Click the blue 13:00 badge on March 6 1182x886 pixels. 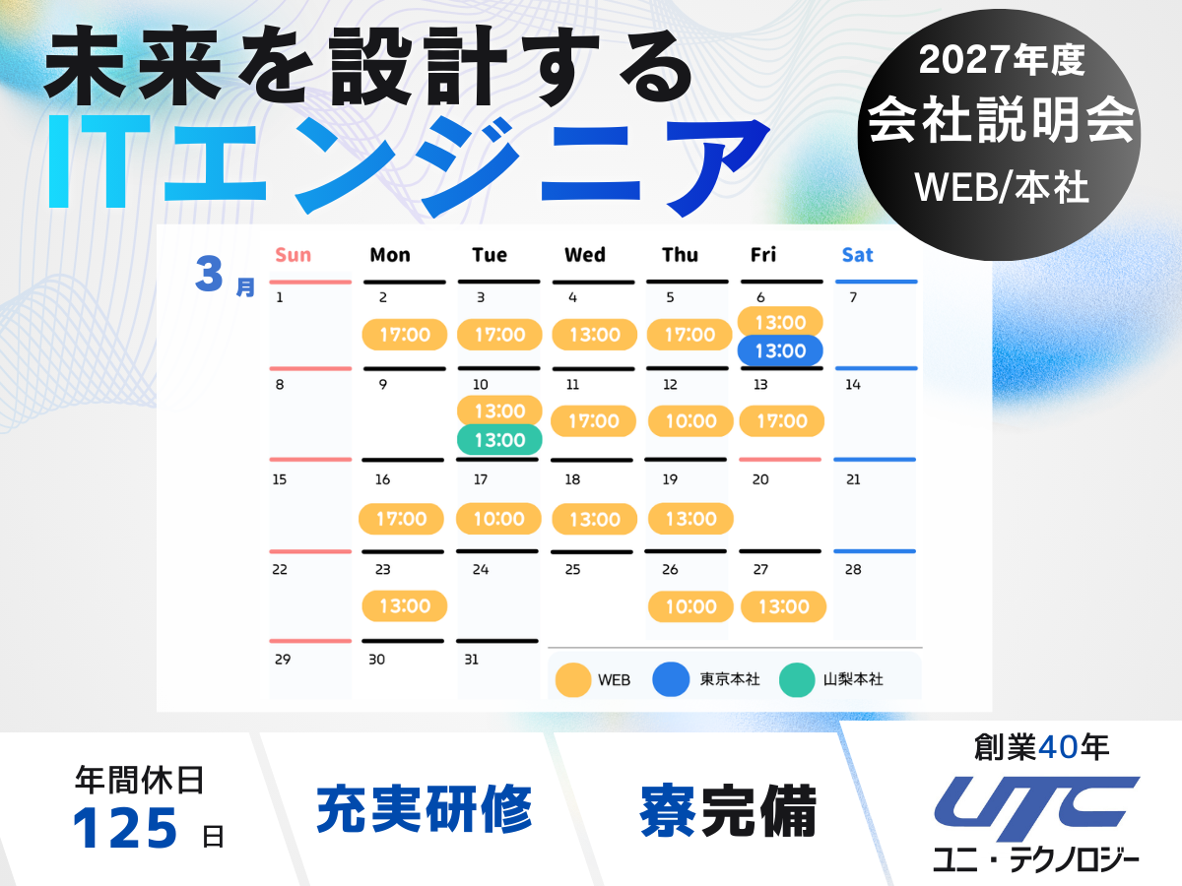(780, 350)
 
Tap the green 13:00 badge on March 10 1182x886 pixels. (499, 439)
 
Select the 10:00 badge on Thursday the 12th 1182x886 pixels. (690, 420)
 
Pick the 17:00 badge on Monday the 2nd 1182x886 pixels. (405, 335)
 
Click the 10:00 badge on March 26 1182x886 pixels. (690, 606)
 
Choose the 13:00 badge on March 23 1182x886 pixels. (405, 605)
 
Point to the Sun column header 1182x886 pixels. (293, 254)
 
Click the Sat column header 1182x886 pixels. (857, 254)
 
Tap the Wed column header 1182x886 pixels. (585, 254)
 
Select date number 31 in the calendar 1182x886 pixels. (471, 660)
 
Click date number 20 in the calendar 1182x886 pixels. (760, 479)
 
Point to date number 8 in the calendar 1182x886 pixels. (280, 385)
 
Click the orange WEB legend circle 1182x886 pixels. (573, 679)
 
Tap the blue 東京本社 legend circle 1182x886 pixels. (671, 679)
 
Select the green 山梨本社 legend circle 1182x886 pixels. (797, 679)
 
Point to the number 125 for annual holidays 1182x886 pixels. (125, 828)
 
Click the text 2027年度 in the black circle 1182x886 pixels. (1002, 60)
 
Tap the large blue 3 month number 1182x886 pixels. (209, 274)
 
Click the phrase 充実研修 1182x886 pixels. (425, 808)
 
